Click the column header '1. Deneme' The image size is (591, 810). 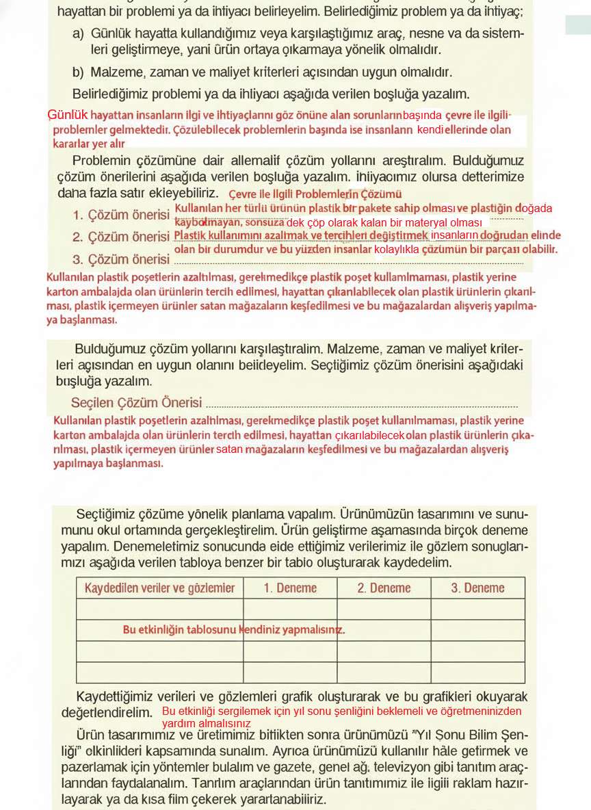pyautogui.click(x=290, y=588)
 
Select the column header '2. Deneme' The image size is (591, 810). pyautogui.click(x=384, y=588)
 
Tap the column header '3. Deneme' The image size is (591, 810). pyautogui.click(x=477, y=588)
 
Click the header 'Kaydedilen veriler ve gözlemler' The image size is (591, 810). pyautogui.click(x=159, y=588)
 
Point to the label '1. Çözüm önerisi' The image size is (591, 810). pyautogui.click(x=120, y=215)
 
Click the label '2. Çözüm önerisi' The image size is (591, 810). pyautogui.click(x=120, y=237)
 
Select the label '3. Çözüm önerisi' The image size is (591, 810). pyautogui.click(x=120, y=259)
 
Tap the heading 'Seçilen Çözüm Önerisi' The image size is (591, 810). pyautogui.click(x=136, y=402)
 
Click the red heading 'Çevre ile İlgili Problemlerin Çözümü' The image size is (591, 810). pyautogui.click(x=315, y=194)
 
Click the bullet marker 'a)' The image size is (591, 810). pyautogui.click(x=79, y=34)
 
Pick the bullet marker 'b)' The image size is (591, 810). pyautogui.click(x=79, y=72)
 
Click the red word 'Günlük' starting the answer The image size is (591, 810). pyautogui.click(x=68, y=115)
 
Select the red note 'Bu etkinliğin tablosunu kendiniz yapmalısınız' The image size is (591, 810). pyautogui.click(x=234, y=629)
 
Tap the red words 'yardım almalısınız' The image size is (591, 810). pyautogui.click(x=207, y=723)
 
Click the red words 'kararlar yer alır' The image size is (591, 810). pyautogui.click(x=89, y=144)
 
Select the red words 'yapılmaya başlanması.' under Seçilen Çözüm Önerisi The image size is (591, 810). pyautogui.click(x=108, y=463)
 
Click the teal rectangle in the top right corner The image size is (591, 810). pyautogui.click(x=577, y=25)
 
